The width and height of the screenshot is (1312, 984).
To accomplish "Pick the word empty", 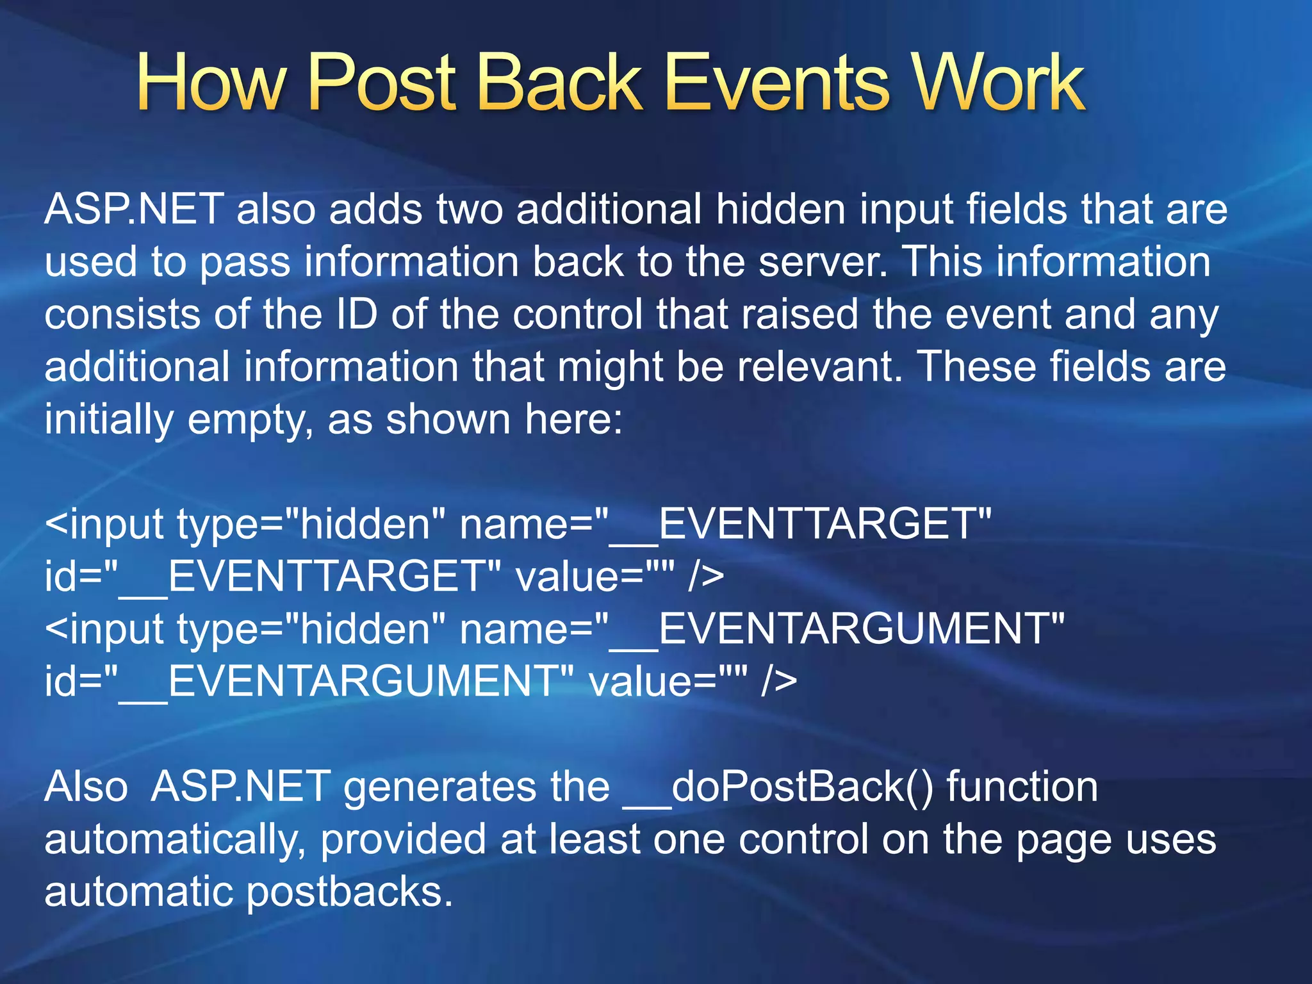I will (x=250, y=421).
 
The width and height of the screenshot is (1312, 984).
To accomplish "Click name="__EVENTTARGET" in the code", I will (x=725, y=524).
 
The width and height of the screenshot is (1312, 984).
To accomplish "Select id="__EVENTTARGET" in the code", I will (x=273, y=577).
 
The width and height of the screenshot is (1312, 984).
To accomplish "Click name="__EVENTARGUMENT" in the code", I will (x=762, y=629).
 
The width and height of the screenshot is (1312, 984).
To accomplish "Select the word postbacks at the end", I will (x=349, y=892).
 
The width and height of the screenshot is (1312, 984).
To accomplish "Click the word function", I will (x=1022, y=787).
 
